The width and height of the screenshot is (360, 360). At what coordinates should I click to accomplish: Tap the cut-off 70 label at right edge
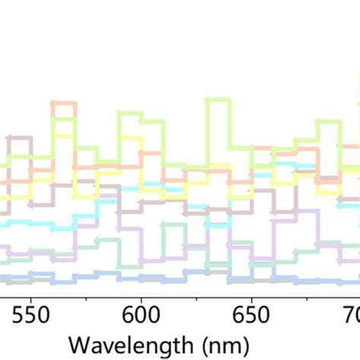tap(350, 312)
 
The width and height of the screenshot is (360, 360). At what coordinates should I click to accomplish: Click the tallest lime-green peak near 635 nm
tap(218, 99)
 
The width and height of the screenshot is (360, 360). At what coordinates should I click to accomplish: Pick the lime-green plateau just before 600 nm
tap(129, 114)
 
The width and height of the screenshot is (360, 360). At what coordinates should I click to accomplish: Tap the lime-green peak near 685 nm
tap(328, 122)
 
